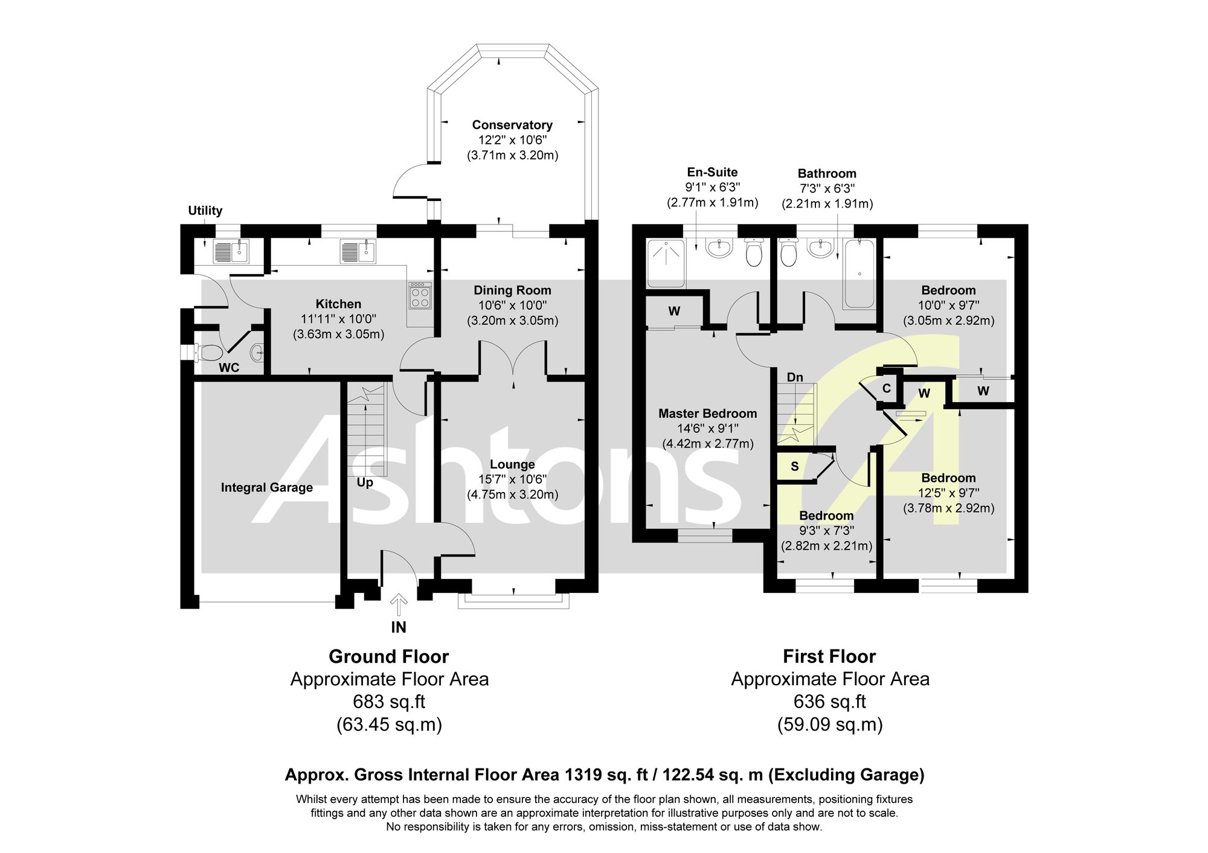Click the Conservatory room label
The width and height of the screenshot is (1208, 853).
512,125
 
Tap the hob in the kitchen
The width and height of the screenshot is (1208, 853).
420,296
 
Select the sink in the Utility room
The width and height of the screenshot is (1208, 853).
231,251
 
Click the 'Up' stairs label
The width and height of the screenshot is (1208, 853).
365,482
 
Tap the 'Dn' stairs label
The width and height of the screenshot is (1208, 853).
795,377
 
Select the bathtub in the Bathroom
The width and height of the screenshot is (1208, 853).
859,274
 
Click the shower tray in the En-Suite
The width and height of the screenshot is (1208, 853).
666,263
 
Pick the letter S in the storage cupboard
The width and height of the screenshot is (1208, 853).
795,467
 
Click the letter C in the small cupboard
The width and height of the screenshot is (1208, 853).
887,388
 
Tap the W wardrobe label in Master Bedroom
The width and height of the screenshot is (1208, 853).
674,311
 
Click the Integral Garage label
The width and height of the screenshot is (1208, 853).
267,488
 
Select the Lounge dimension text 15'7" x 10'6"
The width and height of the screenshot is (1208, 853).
513,479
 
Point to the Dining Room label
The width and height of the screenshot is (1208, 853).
512,290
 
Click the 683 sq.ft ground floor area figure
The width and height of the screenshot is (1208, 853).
389,701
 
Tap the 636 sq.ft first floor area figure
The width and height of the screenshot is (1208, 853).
830,701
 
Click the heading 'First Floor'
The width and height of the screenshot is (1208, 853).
829,656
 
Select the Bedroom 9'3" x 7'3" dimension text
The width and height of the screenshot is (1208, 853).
826,531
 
